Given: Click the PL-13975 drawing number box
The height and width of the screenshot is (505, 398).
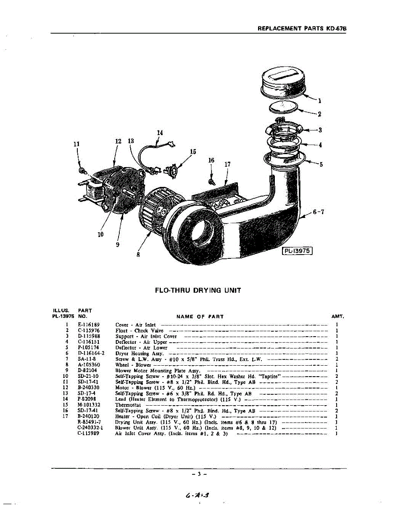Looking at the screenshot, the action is pyautogui.click(x=297, y=251).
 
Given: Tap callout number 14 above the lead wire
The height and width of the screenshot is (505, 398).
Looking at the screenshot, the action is pyautogui.click(x=160, y=133).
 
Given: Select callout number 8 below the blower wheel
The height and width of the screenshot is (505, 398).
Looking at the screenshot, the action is pyautogui.click(x=138, y=254).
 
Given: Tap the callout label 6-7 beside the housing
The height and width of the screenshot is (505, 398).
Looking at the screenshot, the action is pyautogui.click(x=318, y=212).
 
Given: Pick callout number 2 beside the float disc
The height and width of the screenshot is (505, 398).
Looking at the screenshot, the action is pyautogui.click(x=320, y=114).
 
